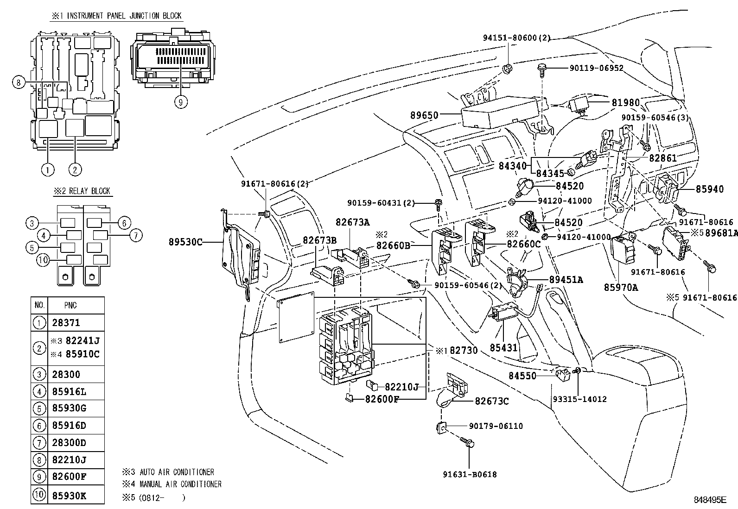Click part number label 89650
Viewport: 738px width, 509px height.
(425, 115)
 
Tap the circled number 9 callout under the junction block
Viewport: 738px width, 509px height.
(181, 101)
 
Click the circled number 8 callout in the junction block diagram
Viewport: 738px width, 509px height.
(19, 83)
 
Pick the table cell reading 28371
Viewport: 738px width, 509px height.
(66, 323)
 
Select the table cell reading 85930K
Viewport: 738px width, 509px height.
(70, 496)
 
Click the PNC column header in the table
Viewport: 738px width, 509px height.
(70, 305)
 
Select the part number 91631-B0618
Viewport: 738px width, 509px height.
(469, 474)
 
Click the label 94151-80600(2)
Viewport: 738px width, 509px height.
(515, 38)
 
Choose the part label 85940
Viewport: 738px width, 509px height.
(709, 189)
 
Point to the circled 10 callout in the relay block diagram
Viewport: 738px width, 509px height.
(43, 260)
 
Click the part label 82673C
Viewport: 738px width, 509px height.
(491, 401)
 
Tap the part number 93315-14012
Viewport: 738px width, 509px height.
(579, 399)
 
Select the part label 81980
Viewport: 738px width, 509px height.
(625, 103)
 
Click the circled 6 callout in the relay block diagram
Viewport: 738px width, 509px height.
(124, 223)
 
